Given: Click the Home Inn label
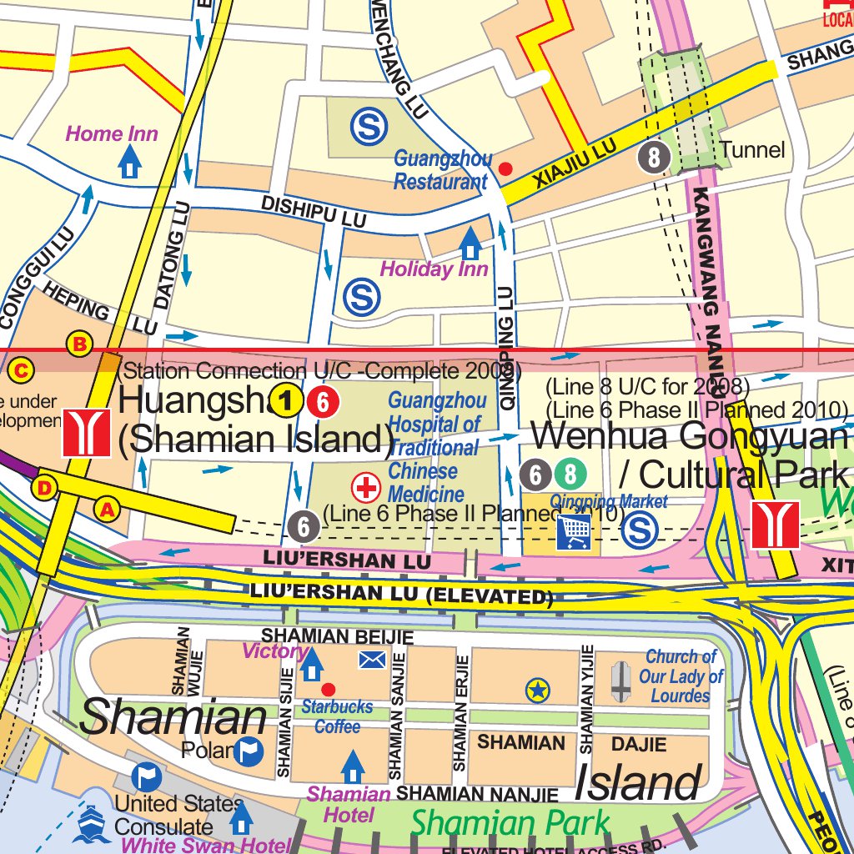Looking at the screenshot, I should pyautogui.click(x=112, y=133).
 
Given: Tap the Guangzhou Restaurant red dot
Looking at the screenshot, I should pyautogui.click(x=505, y=168).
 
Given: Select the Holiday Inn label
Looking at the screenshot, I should pyautogui.click(x=434, y=269).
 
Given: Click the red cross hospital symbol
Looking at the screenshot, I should pyautogui.click(x=365, y=487).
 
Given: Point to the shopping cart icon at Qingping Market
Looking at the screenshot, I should pyautogui.click(x=574, y=531).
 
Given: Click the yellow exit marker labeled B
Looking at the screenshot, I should pyautogui.click(x=80, y=343).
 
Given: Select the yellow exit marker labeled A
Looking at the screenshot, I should pyautogui.click(x=106, y=507).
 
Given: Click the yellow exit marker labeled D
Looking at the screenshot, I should pyautogui.click(x=45, y=487).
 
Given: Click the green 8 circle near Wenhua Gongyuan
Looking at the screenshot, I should pyautogui.click(x=570, y=475).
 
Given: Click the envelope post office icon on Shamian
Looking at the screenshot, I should pyautogui.click(x=372, y=661).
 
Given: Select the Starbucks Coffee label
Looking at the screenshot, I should pyautogui.click(x=338, y=716).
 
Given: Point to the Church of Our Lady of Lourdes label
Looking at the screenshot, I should pyautogui.click(x=681, y=676).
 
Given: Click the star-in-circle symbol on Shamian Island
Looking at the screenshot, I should pyautogui.click(x=538, y=690).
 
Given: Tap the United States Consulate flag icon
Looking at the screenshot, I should pyautogui.click(x=147, y=777).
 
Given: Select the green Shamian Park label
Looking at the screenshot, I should pyautogui.click(x=510, y=823).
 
